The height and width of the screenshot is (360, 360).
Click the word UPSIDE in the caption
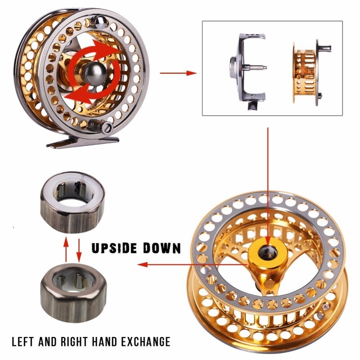coord(116,248)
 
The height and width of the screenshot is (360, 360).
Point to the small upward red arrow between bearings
coord(66,248)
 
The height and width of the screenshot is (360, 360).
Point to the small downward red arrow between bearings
coord(79,249)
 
